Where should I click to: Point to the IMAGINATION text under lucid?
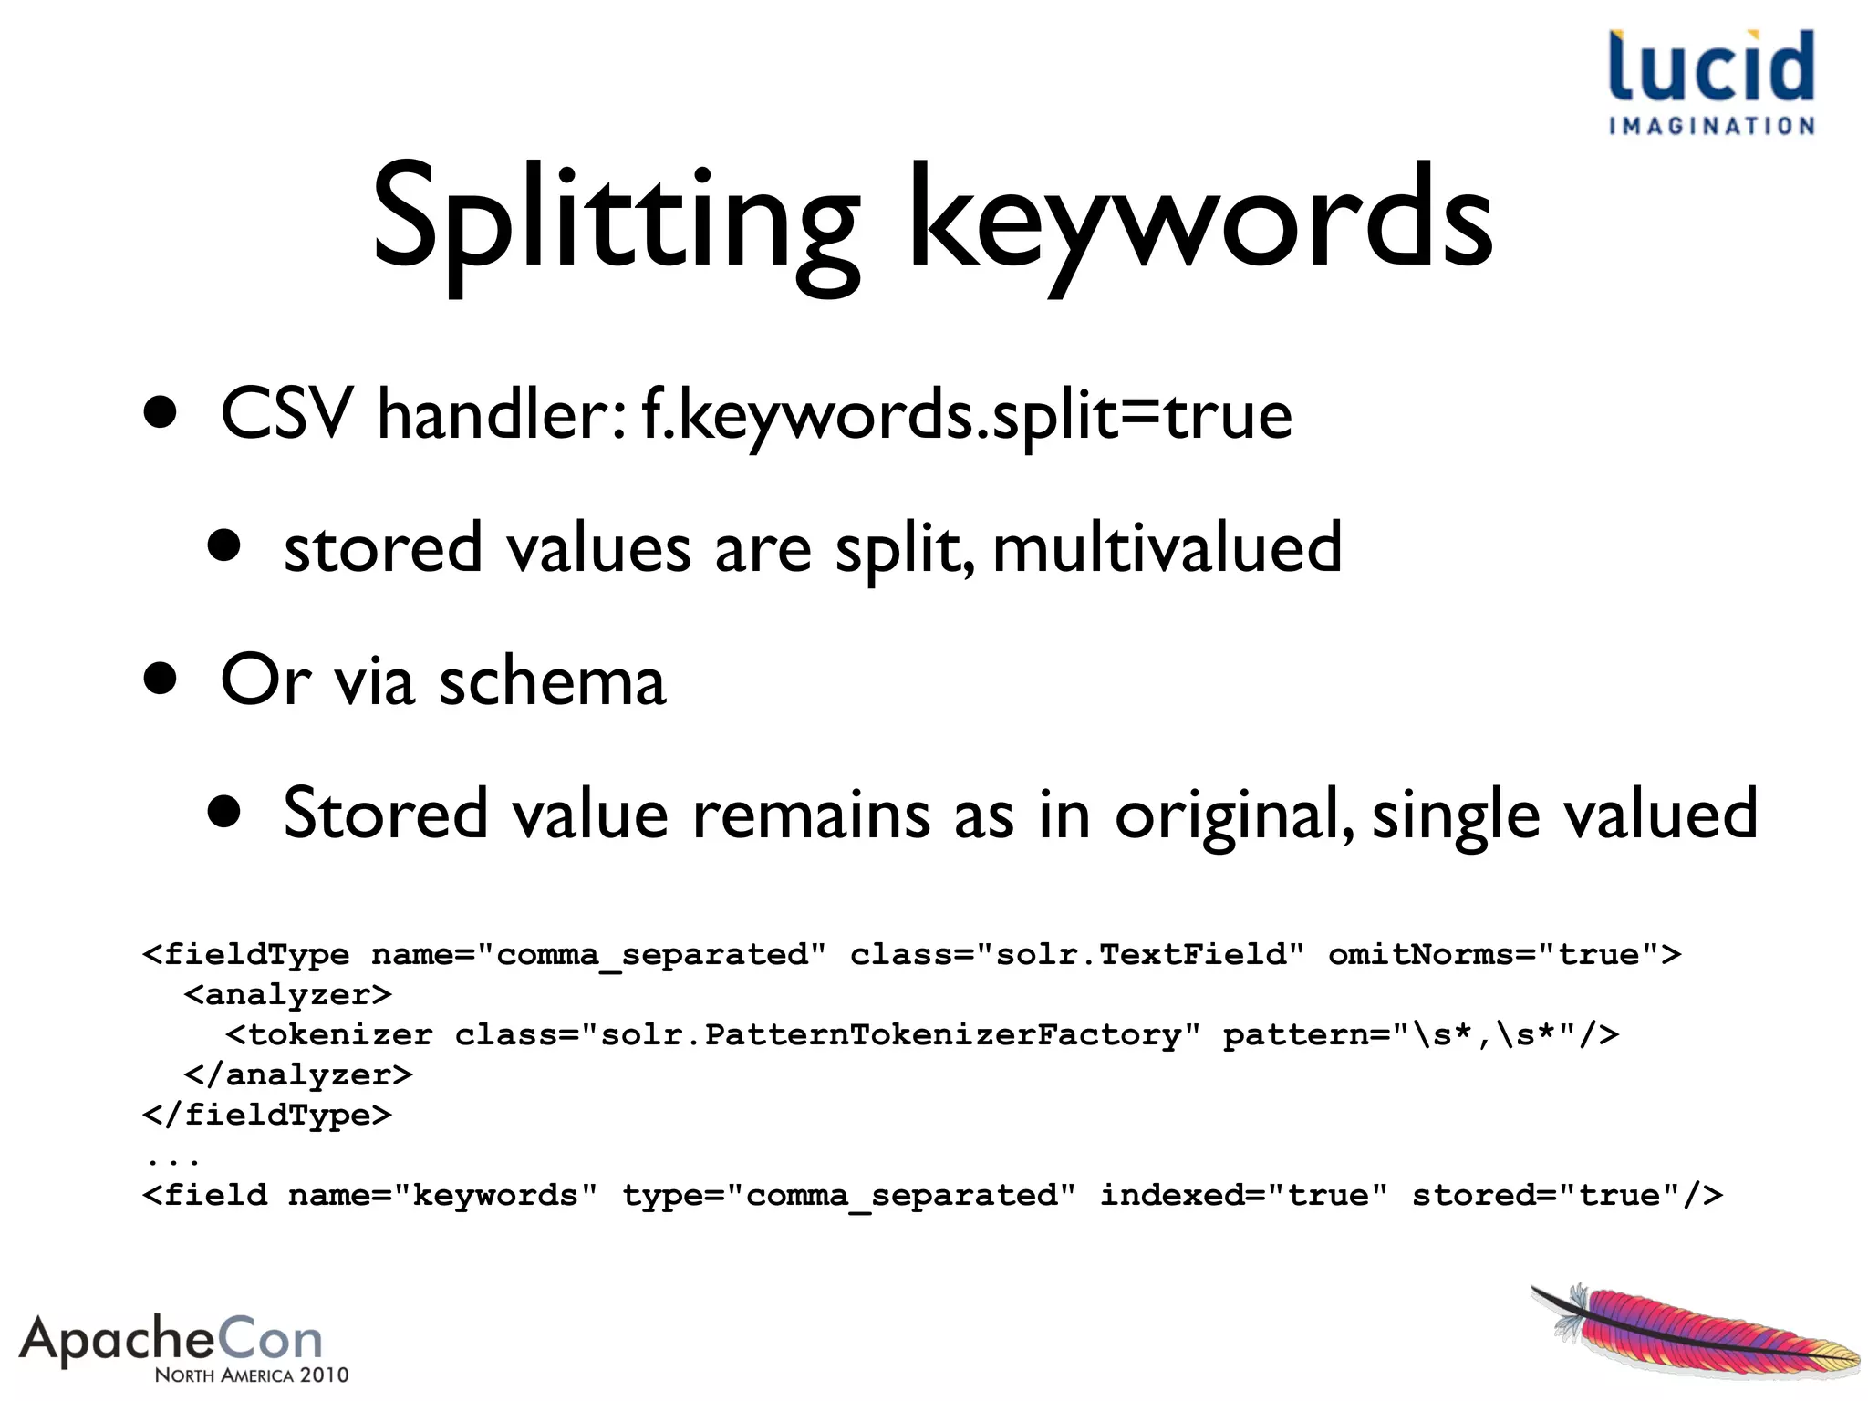pyautogui.click(x=1711, y=126)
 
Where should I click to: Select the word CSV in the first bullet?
pyautogui.click(x=286, y=414)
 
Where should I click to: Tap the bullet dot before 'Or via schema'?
pyautogui.click(x=161, y=679)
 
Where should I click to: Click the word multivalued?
pyautogui.click(x=1167, y=548)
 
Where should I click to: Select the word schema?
pyautogui.click(x=553, y=680)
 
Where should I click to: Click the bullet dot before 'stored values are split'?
pyautogui.click(x=223, y=546)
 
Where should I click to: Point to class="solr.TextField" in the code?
pyautogui.click(x=1077, y=955)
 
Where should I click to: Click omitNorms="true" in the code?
pyautogui.click(x=1504, y=955)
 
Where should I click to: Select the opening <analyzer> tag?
pyautogui.click(x=287, y=994)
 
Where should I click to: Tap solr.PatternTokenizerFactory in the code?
pyautogui.click(x=889, y=1035)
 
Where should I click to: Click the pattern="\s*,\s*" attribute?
pyautogui.click(x=1419, y=1035)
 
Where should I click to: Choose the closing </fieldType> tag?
pyautogui.click(x=267, y=1115)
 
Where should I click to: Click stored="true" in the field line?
pyautogui.click(x=1566, y=1195)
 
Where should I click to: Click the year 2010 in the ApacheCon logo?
pyautogui.click(x=324, y=1375)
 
